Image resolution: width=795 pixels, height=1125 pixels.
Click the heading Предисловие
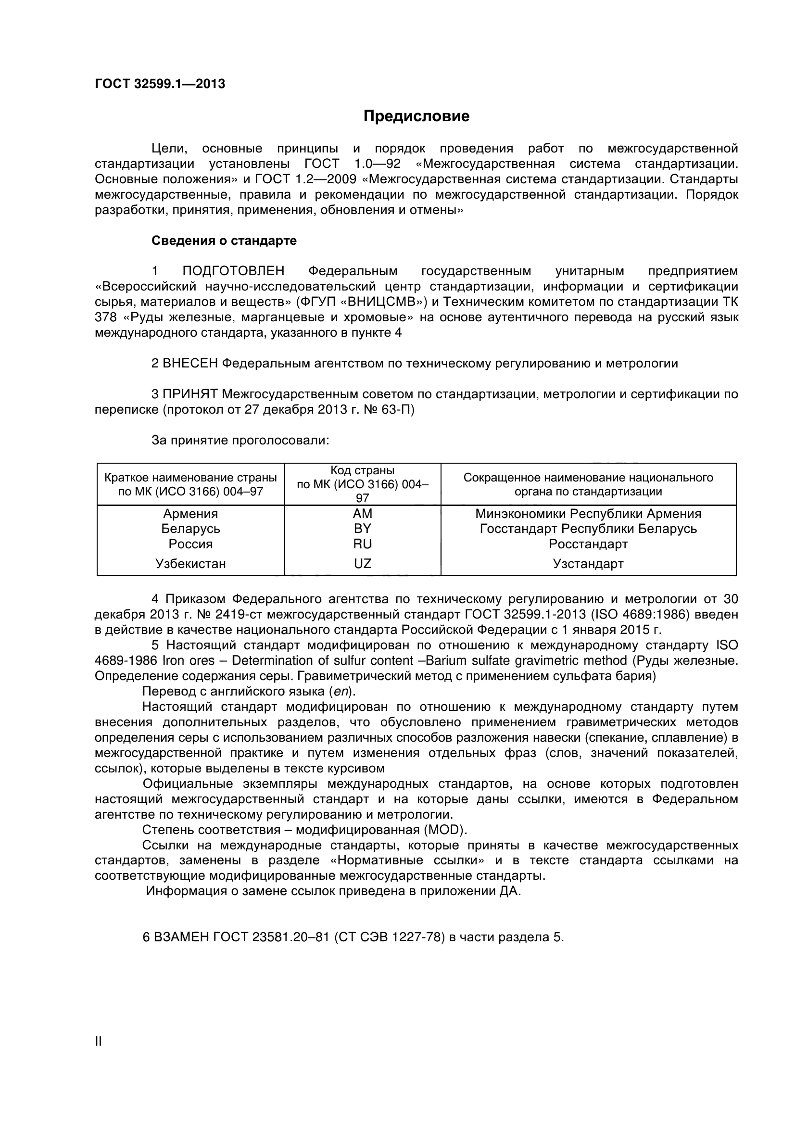416,116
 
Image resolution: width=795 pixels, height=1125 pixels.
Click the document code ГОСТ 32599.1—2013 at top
160,84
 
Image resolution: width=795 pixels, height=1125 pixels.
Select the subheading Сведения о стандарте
224,240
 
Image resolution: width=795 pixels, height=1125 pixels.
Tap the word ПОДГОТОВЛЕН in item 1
233,271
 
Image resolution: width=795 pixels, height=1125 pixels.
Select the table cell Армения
190,514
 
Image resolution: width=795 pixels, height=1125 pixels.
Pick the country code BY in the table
363,529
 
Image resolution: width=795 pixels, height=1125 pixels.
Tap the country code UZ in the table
363,564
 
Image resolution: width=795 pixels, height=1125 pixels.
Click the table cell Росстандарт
588,544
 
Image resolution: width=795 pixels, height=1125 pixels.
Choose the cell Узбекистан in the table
190,564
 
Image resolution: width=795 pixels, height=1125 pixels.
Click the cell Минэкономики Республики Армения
588,514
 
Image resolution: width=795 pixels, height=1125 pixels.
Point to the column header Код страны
363,470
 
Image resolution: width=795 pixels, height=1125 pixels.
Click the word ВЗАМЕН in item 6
182,937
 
